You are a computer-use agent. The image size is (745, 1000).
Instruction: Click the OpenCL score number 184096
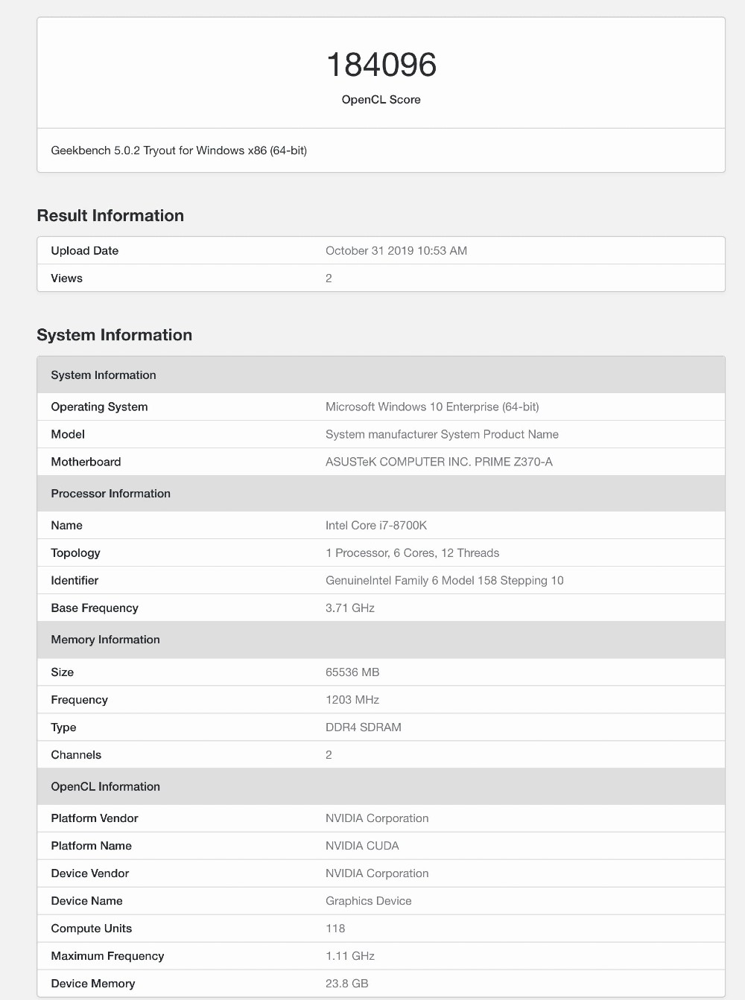tap(381, 66)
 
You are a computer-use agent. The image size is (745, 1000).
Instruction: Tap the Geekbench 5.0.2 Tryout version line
tap(179, 150)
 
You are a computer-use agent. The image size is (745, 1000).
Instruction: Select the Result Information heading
tap(110, 216)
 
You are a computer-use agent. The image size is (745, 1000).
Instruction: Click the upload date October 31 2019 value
tap(396, 251)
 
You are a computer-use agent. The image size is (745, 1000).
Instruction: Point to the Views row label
tap(66, 278)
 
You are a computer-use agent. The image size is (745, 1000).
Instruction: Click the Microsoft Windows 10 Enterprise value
tap(432, 407)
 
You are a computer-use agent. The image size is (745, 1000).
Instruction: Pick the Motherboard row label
tap(86, 462)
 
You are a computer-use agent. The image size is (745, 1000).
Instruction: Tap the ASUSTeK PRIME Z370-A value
tap(439, 462)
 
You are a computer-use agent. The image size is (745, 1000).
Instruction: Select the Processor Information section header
tap(110, 494)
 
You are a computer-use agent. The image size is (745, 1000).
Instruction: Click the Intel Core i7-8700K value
tap(376, 526)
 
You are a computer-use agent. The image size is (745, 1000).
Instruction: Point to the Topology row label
tap(75, 553)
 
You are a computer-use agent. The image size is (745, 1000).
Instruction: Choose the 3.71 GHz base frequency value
tap(350, 608)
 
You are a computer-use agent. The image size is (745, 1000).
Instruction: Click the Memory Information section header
tap(105, 640)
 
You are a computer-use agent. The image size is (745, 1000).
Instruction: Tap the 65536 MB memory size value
tap(352, 672)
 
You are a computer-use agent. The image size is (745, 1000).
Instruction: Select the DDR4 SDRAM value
tap(364, 727)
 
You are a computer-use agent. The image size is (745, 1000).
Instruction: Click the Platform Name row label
tap(91, 846)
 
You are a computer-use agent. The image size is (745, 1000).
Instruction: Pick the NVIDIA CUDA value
tap(362, 846)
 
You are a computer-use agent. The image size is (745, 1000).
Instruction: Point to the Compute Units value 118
tap(335, 929)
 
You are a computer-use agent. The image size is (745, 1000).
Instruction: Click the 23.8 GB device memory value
tap(347, 984)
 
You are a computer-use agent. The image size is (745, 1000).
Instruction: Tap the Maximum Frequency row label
tap(107, 956)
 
